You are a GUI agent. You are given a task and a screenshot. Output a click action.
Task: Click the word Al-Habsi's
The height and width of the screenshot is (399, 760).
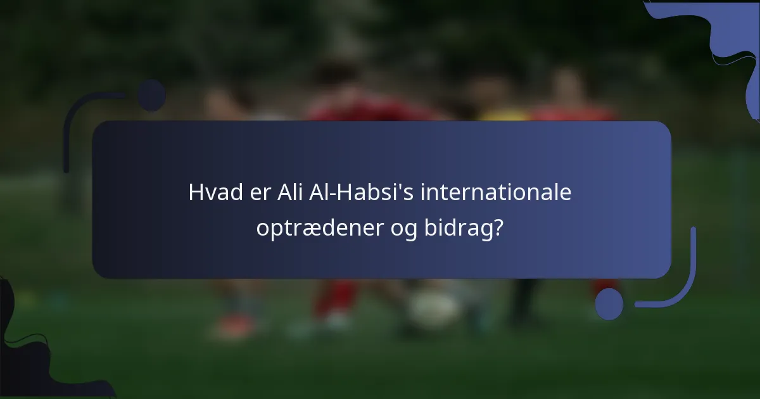pos(363,192)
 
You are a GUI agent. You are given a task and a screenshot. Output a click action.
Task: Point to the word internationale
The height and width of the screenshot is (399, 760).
pos(496,192)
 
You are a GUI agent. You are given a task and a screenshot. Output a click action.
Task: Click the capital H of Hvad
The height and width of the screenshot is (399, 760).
pos(195,192)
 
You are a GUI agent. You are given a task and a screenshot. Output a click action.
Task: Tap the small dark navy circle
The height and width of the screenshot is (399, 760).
pos(151,96)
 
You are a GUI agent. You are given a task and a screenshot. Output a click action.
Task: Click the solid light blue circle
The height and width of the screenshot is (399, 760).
pos(609,303)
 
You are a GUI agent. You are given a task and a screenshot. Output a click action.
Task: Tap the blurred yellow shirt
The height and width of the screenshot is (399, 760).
pos(503,115)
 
